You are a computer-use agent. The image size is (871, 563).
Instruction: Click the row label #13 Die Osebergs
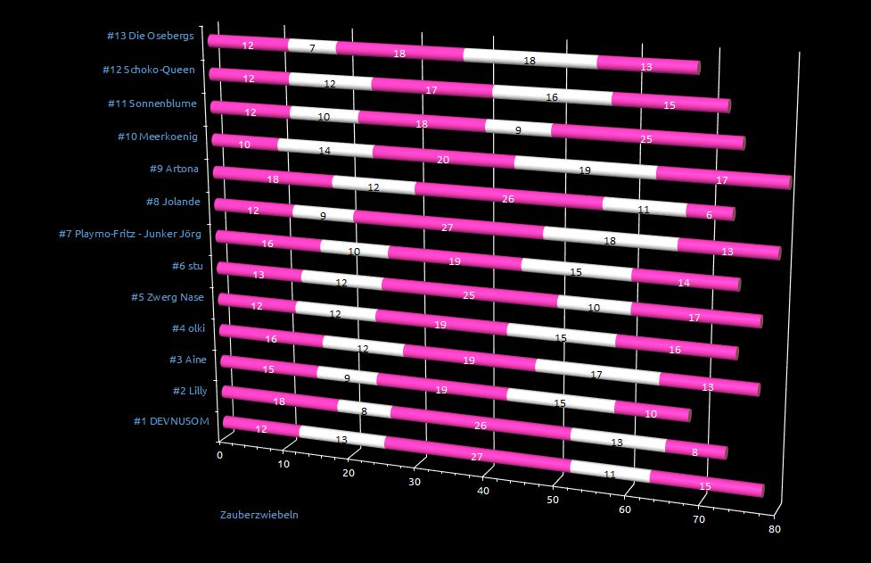pos(150,37)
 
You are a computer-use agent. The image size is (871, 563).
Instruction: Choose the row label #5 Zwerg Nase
pos(167,297)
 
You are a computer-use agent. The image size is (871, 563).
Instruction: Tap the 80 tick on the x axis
pos(776,529)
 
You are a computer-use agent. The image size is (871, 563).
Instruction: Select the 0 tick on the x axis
pos(220,455)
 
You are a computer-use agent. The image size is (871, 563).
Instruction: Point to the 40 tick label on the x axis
pos(483,491)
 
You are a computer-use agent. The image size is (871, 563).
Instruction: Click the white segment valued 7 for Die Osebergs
pos(312,46)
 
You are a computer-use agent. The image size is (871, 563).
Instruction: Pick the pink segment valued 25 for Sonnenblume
pos(646,137)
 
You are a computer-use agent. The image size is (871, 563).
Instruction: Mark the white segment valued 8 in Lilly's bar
pos(365,410)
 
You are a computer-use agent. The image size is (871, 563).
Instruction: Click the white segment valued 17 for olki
pos(597,375)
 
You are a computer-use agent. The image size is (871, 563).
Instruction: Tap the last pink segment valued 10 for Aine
pos(652,413)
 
